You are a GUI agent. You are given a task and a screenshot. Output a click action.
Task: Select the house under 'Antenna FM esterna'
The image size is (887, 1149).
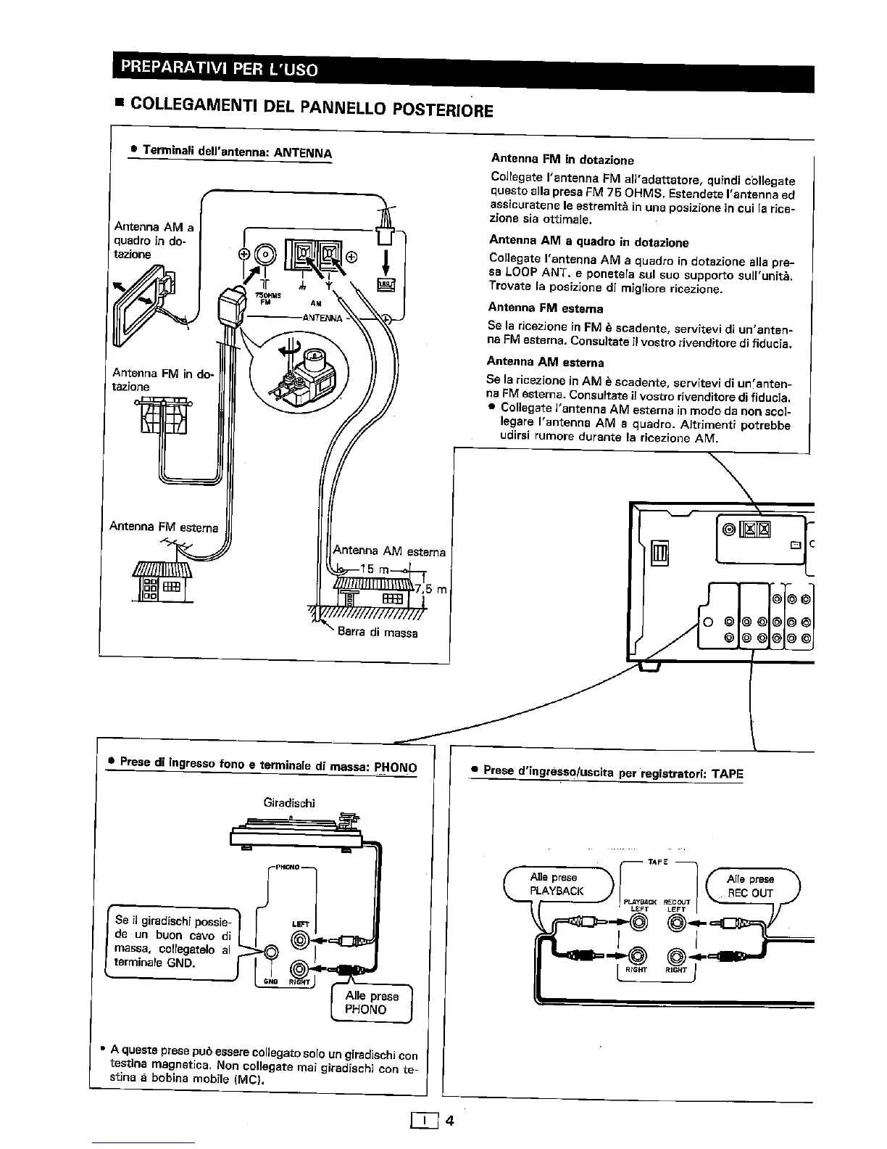[161, 581]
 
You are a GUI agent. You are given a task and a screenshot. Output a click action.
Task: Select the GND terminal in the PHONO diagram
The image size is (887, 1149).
[272, 952]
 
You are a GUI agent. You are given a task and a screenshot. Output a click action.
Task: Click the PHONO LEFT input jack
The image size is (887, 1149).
[301, 942]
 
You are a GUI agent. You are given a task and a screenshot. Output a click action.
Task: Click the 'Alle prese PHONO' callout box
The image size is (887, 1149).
[371, 1002]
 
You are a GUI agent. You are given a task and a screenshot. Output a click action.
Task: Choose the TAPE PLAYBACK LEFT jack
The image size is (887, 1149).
[638, 923]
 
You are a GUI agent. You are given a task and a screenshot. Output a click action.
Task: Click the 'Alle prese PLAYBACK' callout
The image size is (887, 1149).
[557, 884]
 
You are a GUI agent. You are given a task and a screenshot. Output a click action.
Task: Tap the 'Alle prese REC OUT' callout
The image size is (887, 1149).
[751, 886]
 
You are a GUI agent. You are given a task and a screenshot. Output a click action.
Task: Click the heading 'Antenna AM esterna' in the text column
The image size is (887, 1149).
[545, 361]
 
